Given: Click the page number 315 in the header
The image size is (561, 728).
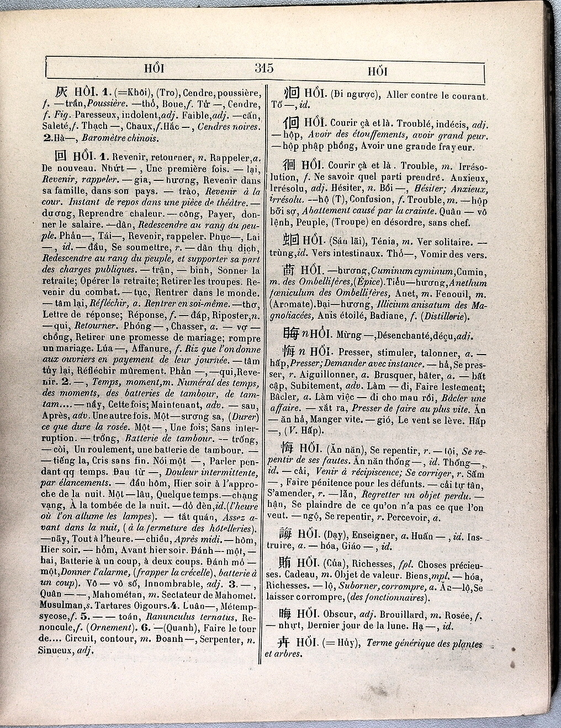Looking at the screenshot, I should coord(264,68).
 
